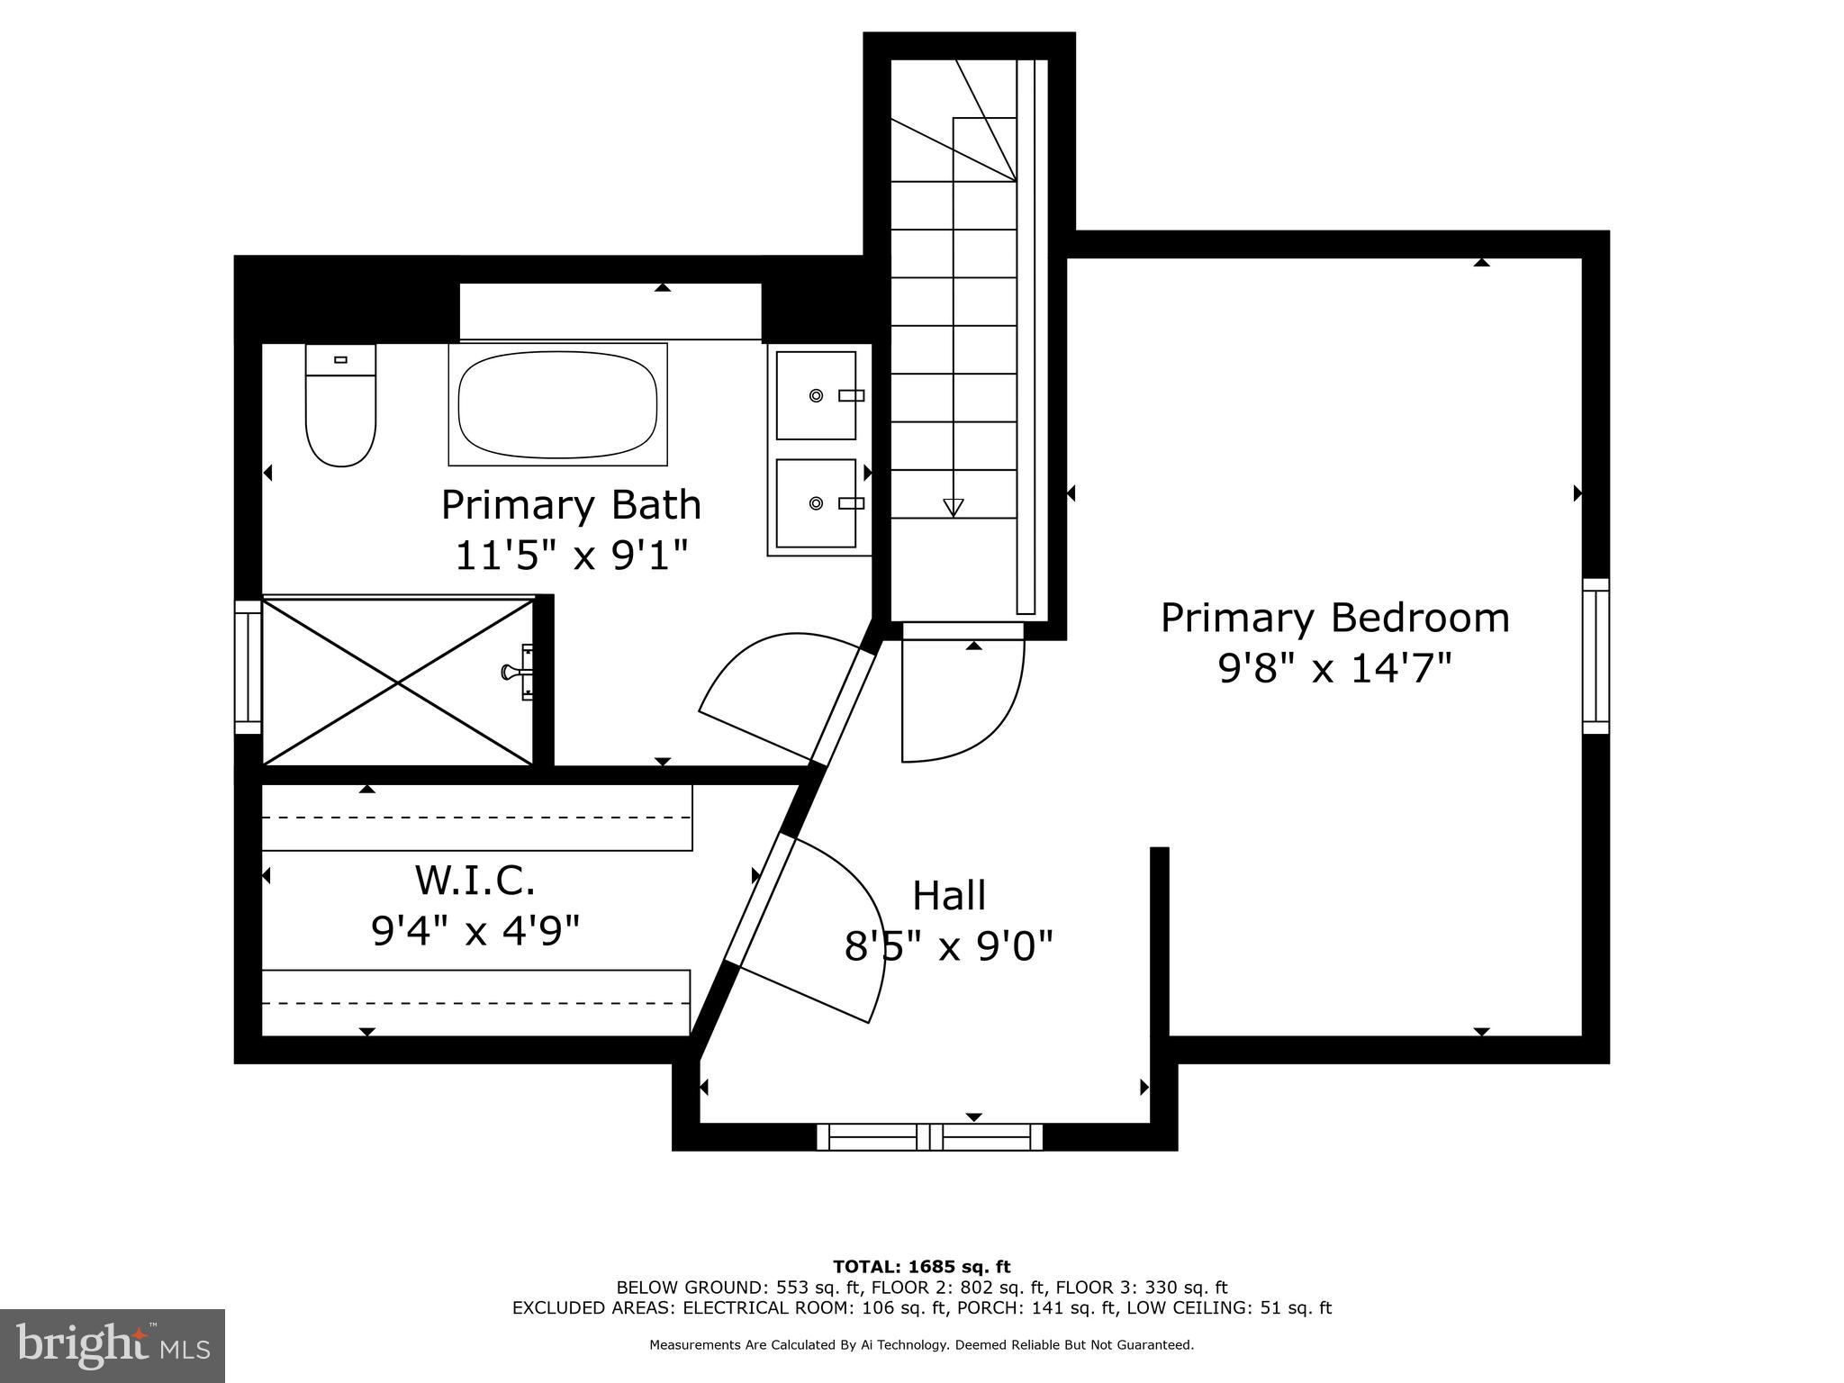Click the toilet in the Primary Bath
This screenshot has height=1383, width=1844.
(x=340, y=407)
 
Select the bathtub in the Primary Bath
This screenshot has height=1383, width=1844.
(x=557, y=404)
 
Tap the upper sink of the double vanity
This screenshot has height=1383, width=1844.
(x=816, y=395)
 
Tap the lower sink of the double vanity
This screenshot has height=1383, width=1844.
(x=816, y=503)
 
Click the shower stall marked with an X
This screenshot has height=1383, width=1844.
(x=398, y=682)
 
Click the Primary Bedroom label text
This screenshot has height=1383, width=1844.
(x=1334, y=618)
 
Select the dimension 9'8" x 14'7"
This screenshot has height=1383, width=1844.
(x=1334, y=669)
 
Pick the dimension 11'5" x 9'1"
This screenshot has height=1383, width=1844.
(x=571, y=556)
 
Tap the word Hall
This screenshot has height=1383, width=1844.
(x=949, y=895)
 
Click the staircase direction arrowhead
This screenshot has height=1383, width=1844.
(x=953, y=507)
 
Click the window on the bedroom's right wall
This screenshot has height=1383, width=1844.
(x=1595, y=655)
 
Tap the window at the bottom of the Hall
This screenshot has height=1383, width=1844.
(x=929, y=1137)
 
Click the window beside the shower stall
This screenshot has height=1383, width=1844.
(x=248, y=667)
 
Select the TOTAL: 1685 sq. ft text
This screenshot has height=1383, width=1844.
(x=921, y=1267)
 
